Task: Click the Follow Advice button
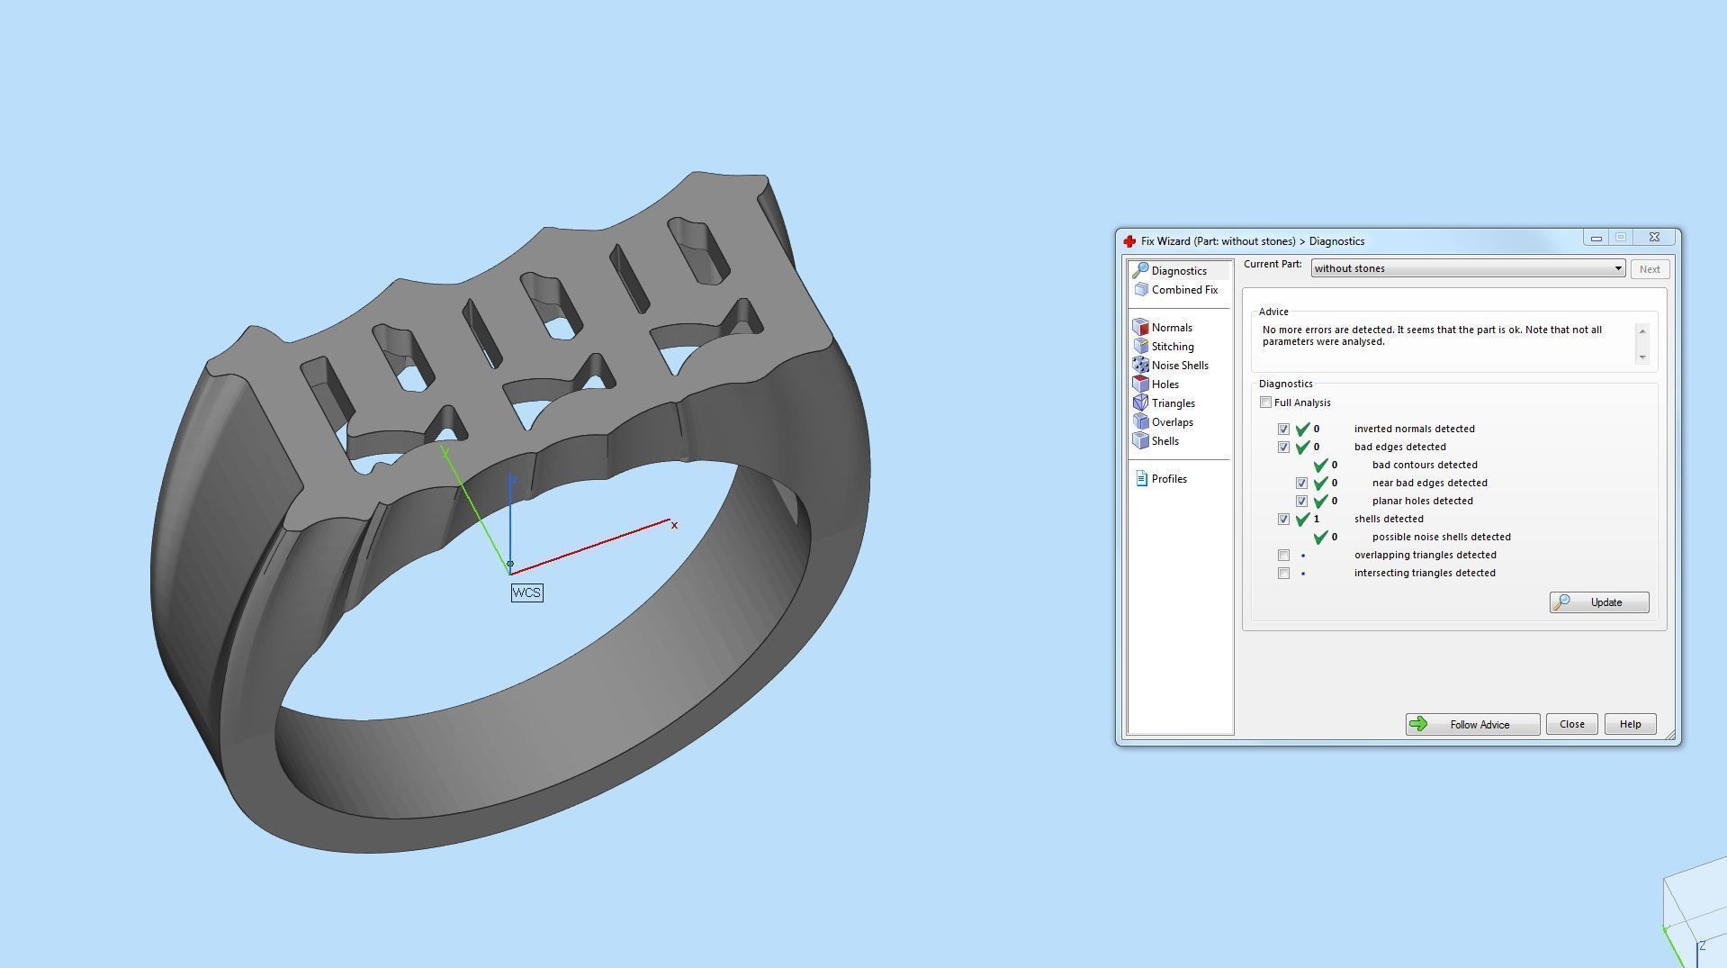[x=1472, y=725]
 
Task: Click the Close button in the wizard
[x=1571, y=725]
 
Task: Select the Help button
[x=1630, y=725]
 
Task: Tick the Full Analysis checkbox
[x=1266, y=403]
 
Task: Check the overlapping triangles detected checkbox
[x=1283, y=556]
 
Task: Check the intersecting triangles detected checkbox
[x=1283, y=574]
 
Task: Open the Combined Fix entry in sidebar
[x=1183, y=290]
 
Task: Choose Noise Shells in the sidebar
[x=1179, y=366]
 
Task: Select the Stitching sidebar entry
[x=1172, y=347]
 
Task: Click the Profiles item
[x=1168, y=479]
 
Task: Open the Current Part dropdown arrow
[x=1617, y=268]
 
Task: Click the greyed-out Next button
[x=1649, y=269]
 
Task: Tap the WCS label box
[x=526, y=593]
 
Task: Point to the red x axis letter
[x=674, y=525]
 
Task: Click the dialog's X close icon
[x=1654, y=238]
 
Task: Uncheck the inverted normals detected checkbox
[x=1283, y=430]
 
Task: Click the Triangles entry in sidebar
[x=1173, y=403]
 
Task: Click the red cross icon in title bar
[x=1129, y=241]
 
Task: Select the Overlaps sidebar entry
[x=1172, y=422]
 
